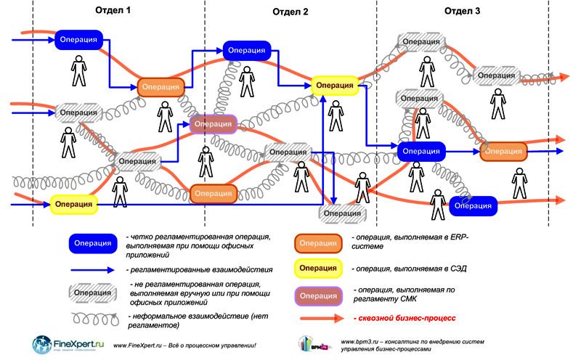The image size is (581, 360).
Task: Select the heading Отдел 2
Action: (x=290, y=12)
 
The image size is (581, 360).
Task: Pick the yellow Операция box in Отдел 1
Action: (x=73, y=205)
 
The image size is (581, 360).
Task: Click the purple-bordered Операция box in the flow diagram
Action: (x=213, y=124)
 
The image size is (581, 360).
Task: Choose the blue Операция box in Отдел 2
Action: (x=247, y=50)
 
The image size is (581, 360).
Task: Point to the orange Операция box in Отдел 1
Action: (x=161, y=86)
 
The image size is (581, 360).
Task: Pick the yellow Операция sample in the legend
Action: (x=317, y=269)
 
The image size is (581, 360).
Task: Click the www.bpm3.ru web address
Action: (x=357, y=340)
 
